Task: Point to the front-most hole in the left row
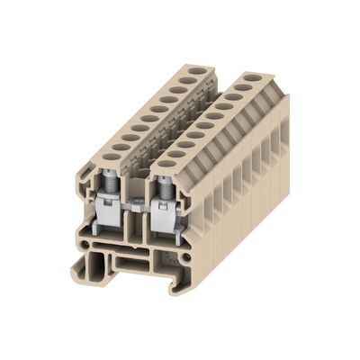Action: [110, 157]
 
